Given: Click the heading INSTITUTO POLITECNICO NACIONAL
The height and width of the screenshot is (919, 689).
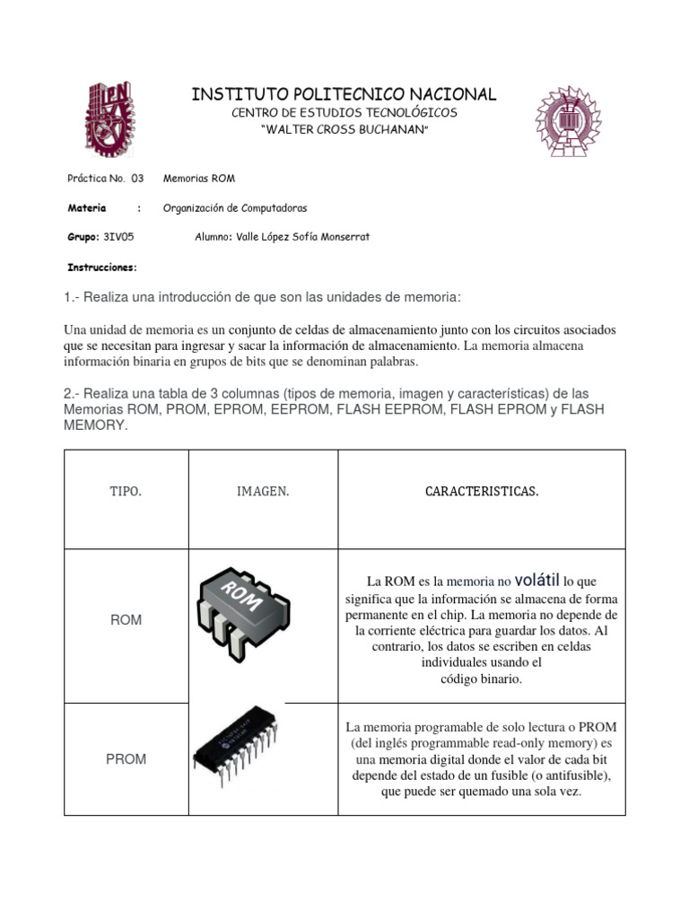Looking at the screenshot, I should (x=344, y=94).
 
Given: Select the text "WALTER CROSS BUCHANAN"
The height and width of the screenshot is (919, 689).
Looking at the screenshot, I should (x=344, y=131).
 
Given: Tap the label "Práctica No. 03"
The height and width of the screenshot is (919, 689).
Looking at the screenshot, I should (x=106, y=179).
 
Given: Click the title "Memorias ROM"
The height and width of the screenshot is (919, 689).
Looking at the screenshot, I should (x=199, y=179).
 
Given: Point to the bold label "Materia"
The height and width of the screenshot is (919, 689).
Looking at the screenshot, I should (x=87, y=208).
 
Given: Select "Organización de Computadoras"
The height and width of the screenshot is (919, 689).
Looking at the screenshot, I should (x=235, y=208).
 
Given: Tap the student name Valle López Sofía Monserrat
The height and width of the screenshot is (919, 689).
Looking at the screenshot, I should (x=282, y=237).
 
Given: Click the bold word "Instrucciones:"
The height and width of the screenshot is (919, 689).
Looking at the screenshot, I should (x=103, y=267).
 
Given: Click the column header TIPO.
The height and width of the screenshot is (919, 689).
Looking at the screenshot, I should (x=126, y=492).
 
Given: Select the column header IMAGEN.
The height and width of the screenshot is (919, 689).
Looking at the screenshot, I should (x=263, y=492).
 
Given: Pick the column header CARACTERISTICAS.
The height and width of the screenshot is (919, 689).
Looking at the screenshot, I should (x=482, y=492).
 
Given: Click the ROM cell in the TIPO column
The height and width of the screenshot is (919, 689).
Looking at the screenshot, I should (x=126, y=620).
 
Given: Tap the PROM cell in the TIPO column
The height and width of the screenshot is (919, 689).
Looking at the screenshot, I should (x=126, y=758).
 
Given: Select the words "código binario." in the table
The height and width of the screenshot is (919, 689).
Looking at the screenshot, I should (x=482, y=679).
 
